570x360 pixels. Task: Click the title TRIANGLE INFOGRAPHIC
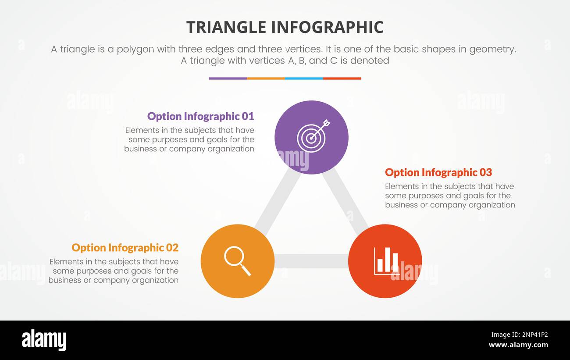pyautogui.click(x=285, y=27)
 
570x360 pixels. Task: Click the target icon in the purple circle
pyautogui.click(x=312, y=136)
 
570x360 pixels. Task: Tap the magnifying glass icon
pyautogui.click(x=237, y=261)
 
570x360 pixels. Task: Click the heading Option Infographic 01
pyautogui.click(x=200, y=116)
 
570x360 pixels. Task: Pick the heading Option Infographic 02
pyautogui.click(x=125, y=248)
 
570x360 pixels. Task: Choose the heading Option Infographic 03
pyautogui.click(x=438, y=172)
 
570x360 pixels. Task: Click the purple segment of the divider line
pyautogui.click(x=228, y=78)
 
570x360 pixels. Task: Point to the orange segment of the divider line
pyautogui.click(x=266, y=78)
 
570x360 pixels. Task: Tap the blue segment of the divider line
pyautogui.click(x=304, y=78)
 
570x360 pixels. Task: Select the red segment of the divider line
pyautogui.click(x=342, y=78)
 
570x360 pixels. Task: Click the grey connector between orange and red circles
pyautogui.click(x=311, y=261)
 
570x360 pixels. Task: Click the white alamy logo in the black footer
pyautogui.click(x=44, y=340)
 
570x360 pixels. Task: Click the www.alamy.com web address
pyautogui.click(x=518, y=345)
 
